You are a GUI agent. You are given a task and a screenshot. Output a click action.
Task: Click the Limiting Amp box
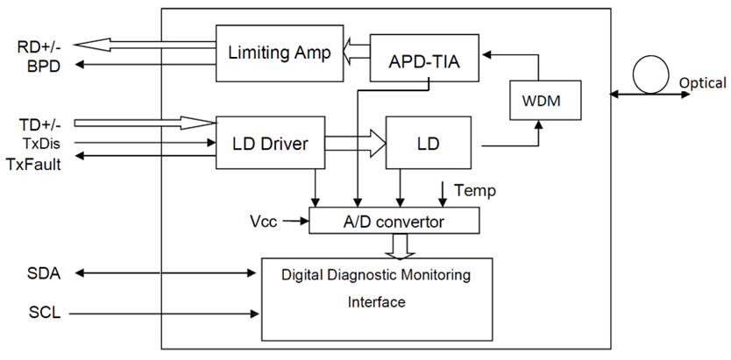(x=280, y=53)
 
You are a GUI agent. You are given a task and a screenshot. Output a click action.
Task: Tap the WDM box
(x=545, y=100)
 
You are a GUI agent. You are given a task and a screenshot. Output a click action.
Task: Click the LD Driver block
(x=270, y=143)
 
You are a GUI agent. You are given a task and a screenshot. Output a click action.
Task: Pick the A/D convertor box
(x=394, y=220)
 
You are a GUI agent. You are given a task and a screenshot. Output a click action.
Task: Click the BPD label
(x=43, y=67)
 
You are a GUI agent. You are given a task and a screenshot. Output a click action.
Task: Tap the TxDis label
(x=42, y=144)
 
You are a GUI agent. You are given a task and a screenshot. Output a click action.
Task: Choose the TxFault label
(x=33, y=164)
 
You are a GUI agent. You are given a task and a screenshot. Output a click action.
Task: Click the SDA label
(x=44, y=273)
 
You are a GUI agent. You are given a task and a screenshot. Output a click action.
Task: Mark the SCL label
(x=45, y=313)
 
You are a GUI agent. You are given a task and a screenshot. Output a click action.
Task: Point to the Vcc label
(x=265, y=222)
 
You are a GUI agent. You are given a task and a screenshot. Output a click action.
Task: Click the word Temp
(x=475, y=190)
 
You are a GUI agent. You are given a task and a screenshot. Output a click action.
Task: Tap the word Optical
(x=703, y=83)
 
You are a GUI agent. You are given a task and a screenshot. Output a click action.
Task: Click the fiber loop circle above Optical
(x=650, y=75)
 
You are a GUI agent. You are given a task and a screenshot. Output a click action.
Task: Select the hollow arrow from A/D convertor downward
(x=400, y=245)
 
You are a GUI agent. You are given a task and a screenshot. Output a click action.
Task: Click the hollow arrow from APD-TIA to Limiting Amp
(x=356, y=52)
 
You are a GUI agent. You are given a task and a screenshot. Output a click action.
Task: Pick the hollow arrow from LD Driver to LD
(x=355, y=143)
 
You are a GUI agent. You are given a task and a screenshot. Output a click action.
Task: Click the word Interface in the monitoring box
(x=377, y=302)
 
